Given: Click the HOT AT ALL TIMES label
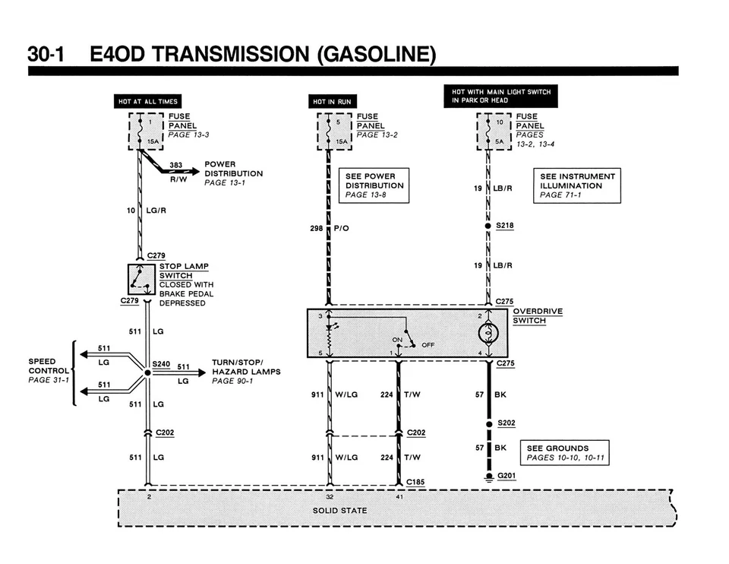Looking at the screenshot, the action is point(148,101).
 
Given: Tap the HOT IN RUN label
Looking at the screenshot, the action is point(332,101).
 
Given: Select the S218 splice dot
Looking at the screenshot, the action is point(488,226).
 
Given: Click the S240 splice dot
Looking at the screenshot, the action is point(147,372).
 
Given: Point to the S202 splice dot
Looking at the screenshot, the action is point(489,424).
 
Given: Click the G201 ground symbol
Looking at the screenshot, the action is point(488,477).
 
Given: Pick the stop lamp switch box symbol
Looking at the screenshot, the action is point(141,279).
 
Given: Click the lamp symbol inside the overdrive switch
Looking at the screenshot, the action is point(488,333).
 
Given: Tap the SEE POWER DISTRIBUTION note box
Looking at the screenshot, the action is point(374,185).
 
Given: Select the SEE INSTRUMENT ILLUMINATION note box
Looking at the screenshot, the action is point(577,185).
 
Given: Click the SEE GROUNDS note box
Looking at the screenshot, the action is point(564,452).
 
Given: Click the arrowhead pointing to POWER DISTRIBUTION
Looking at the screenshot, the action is point(195,172).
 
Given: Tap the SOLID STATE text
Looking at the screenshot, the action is point(340,511).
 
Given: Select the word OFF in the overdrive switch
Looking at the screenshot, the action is point(428,345).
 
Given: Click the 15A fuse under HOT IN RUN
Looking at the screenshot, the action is point(334,131).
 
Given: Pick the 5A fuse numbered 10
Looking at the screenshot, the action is point(494,131).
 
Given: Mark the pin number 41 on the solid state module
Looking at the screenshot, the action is point(399,496).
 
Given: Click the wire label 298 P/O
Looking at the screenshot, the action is point(329,228).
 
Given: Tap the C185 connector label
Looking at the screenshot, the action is point(415,482).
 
